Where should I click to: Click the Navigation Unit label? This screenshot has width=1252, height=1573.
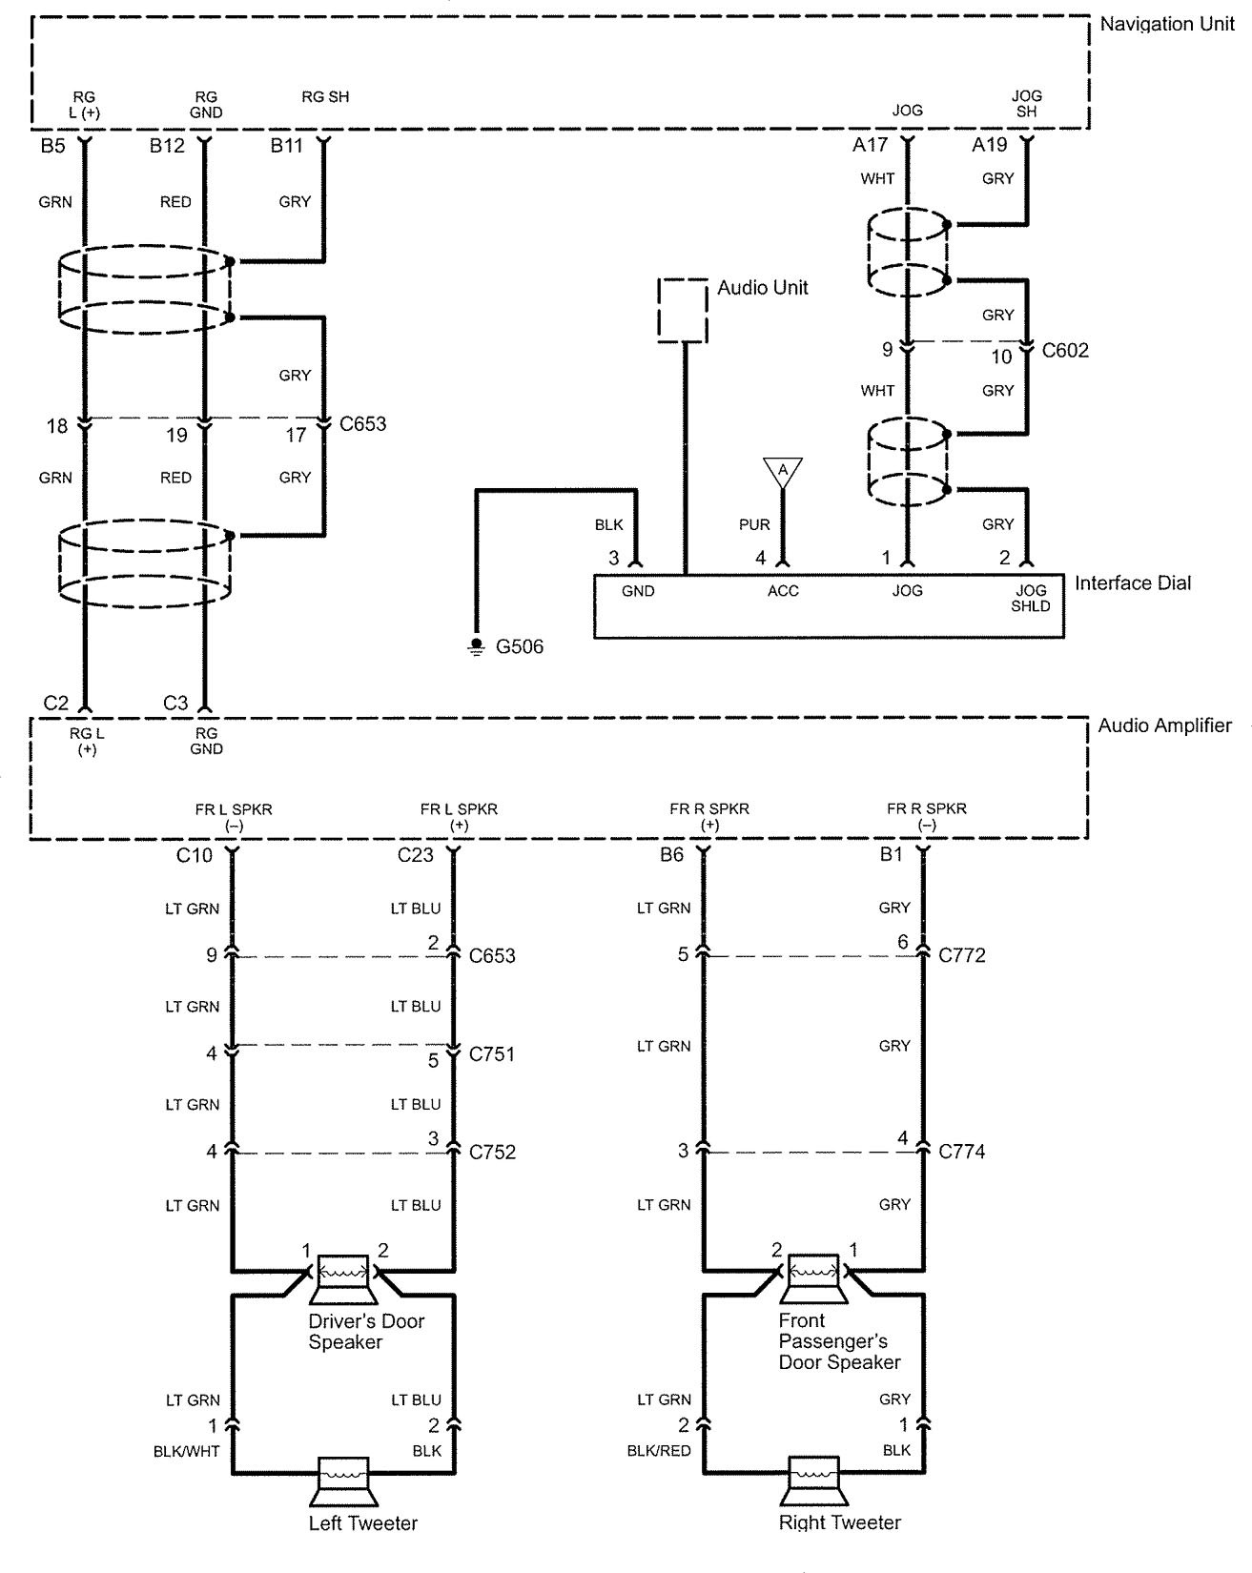coord(1166,25)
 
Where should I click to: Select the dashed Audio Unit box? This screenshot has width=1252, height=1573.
coord(683,310)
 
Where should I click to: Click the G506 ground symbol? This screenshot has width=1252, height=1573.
coord(476,647)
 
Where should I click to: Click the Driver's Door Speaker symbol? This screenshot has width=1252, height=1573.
coord(343,1278)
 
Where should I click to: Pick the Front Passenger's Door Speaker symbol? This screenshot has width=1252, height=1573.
coord(814,1278)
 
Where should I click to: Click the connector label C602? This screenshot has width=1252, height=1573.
coord(1065,351)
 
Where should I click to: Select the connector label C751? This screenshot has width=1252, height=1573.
coord(492,1054)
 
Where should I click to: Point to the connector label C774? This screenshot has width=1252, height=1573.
coord(962,1152)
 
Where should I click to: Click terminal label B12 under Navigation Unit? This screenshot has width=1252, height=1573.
coord(167,146)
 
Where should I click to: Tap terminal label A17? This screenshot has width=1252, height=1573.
coord(870,146)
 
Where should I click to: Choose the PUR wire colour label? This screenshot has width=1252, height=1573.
coord(754,524)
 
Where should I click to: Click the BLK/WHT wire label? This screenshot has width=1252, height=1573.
coord(187,1451)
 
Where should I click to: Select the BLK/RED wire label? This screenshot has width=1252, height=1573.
coord(659,1451)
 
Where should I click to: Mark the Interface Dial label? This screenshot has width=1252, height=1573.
coord(1133,583)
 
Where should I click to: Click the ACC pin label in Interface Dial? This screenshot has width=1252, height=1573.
coord(783,591)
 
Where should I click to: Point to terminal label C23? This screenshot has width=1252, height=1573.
coord(416,855)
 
